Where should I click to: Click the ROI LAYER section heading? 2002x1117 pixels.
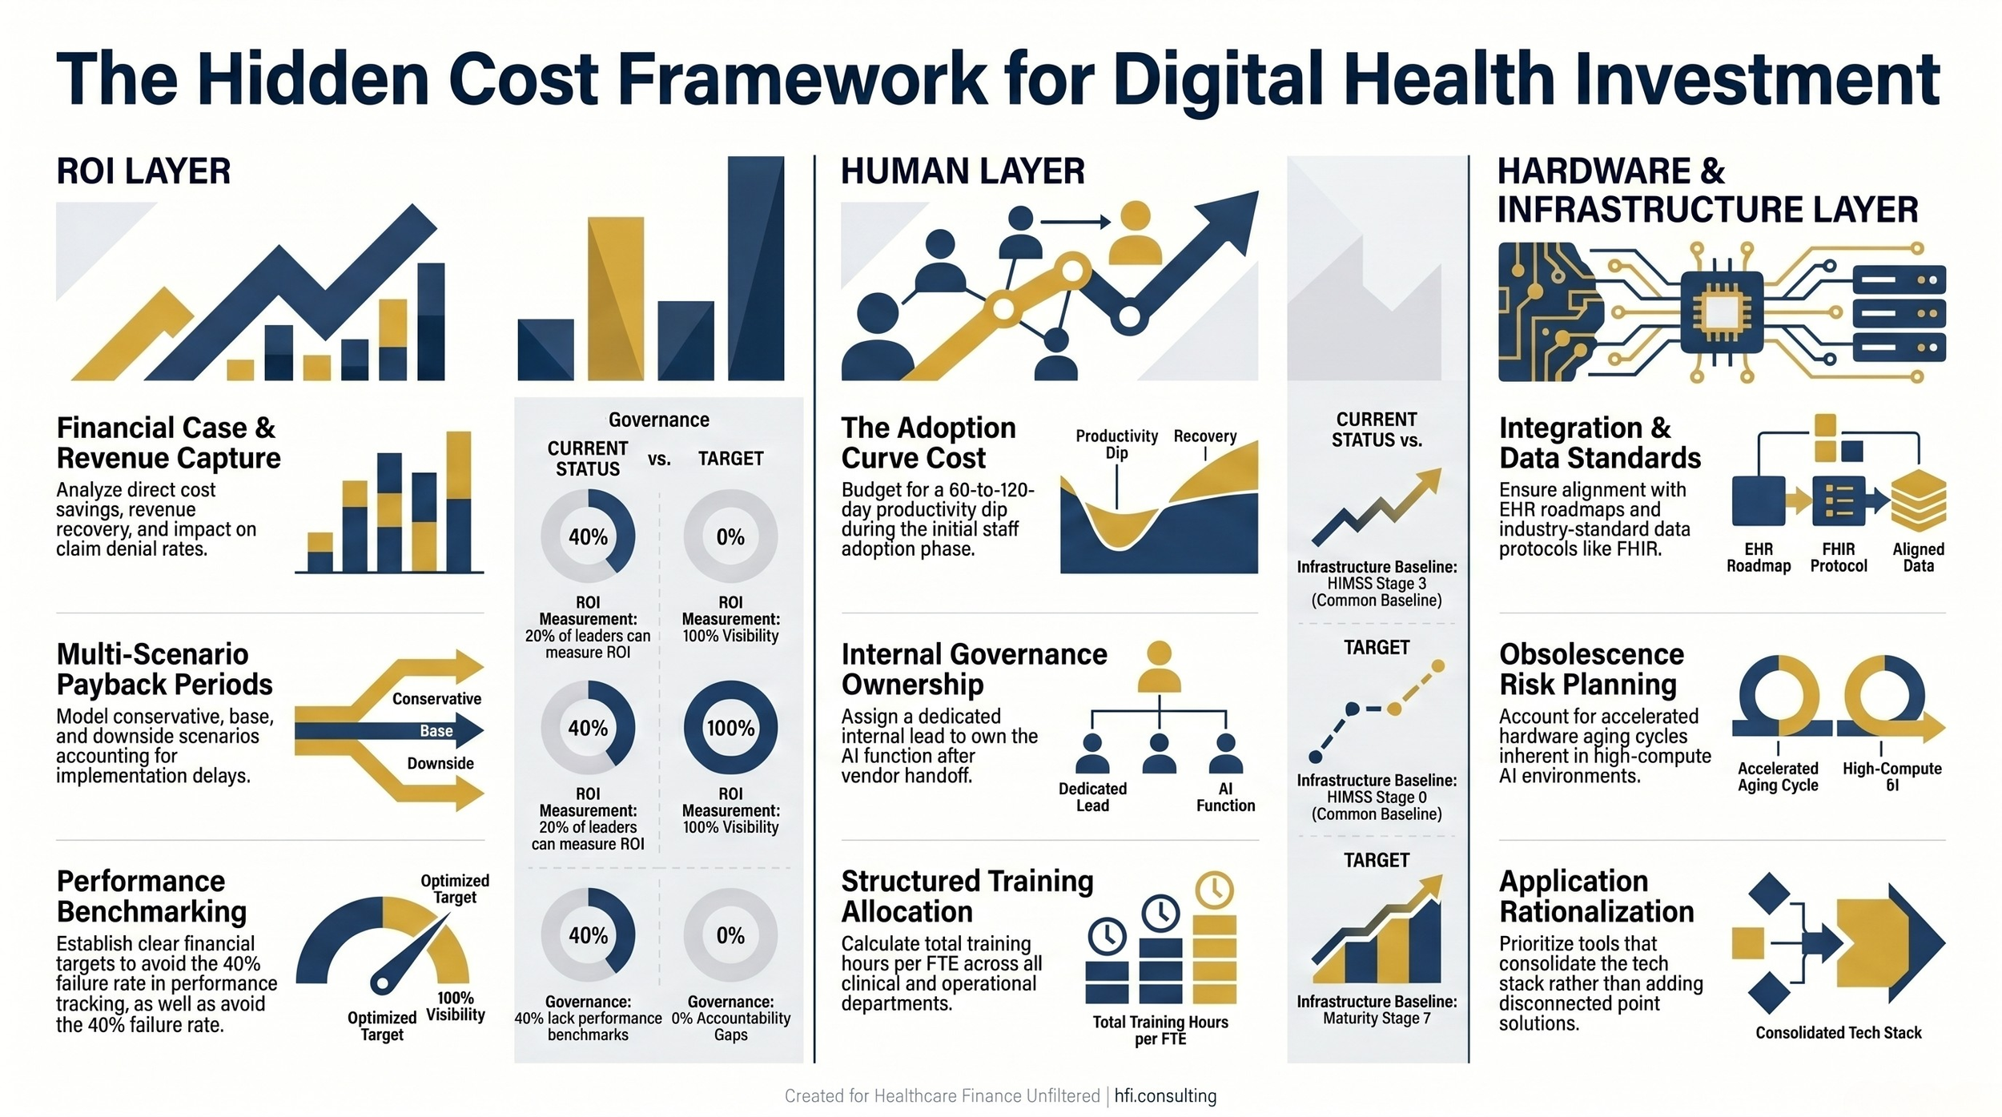[143, 171]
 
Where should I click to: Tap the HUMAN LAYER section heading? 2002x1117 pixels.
[963, 171]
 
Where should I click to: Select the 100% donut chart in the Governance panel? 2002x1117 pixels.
[730, 728]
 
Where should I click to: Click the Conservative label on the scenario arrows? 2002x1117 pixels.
[436, 699]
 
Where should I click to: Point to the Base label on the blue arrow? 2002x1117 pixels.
[436, 731]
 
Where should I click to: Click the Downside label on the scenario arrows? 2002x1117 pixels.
[440, 764]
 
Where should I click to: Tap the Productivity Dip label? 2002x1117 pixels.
[1116, 444]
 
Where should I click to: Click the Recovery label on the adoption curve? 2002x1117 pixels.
[1204, 436]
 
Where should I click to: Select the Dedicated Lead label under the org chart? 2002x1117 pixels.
[1092, 798]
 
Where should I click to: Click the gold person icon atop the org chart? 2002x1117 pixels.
[1159, 666]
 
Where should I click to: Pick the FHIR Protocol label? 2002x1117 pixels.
[1839, 557]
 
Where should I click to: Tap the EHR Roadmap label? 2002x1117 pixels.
[1759, 557]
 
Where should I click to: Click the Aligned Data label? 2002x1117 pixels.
[1918, 557]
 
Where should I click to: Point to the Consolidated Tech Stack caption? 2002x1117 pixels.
[1839, 1033]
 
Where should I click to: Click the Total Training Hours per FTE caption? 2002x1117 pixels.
[1160, 1031]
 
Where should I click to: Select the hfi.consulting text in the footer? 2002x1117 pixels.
[1165, 1096]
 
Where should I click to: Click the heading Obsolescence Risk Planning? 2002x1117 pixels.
[1591, 669]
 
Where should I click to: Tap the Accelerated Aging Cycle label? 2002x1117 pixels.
[1778, 777]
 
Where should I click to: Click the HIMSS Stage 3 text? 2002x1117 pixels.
[1377, 584]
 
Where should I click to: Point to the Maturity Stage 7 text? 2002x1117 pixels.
[1377, 1019]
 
